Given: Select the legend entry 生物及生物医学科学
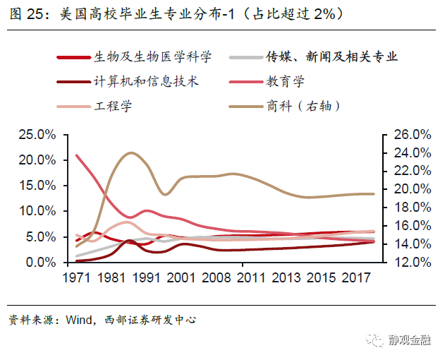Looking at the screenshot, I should tap(152, 57).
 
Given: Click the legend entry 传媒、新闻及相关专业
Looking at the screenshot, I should tap(331, 57).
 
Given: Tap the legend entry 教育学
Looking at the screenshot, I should tap(285, 81).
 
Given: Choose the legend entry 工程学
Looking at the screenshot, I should tap(113, 106).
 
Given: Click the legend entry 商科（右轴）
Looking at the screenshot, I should tap(304, 106).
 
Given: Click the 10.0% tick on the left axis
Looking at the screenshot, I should tap(36, 211).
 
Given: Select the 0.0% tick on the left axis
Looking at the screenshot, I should tap(39, 262).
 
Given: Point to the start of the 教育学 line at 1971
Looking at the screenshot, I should tap(76, 155).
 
